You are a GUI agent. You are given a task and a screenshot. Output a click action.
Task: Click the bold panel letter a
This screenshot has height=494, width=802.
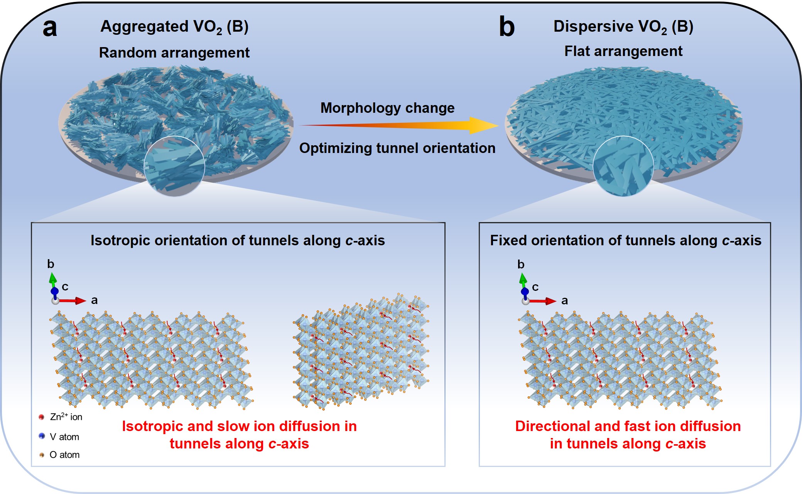tap(50, 28)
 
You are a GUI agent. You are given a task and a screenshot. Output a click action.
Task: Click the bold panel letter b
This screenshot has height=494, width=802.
tap(507, 27)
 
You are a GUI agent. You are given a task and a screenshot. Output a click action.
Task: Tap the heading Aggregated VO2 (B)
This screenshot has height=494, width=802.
tap(174, 27)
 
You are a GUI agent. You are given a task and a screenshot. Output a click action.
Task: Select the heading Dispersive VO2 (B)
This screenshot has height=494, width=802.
tap(623, 27)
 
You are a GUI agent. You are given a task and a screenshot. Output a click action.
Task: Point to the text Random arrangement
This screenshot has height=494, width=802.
tap(174, 53)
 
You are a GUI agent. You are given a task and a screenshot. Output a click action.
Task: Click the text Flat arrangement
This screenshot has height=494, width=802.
tap(623, 51)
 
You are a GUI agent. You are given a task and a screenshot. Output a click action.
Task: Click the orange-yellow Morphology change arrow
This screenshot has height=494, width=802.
tap(397, 125)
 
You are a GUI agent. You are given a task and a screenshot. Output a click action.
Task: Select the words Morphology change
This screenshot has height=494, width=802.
tap(387, 108)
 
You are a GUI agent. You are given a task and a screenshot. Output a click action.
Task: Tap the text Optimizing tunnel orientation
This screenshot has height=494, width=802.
tap(397, 148)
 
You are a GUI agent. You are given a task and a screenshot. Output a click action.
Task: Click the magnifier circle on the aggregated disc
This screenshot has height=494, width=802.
tap(174, 166)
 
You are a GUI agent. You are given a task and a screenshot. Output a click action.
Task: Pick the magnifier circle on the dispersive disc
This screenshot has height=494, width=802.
tap(623, 166)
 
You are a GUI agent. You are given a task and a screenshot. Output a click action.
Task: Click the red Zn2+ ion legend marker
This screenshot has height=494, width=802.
tap(42, 417)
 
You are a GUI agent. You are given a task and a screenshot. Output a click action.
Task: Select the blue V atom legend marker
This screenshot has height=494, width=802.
tap(42, 436)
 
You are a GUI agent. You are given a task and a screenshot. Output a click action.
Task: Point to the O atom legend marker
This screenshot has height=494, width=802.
tap(42, 455)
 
